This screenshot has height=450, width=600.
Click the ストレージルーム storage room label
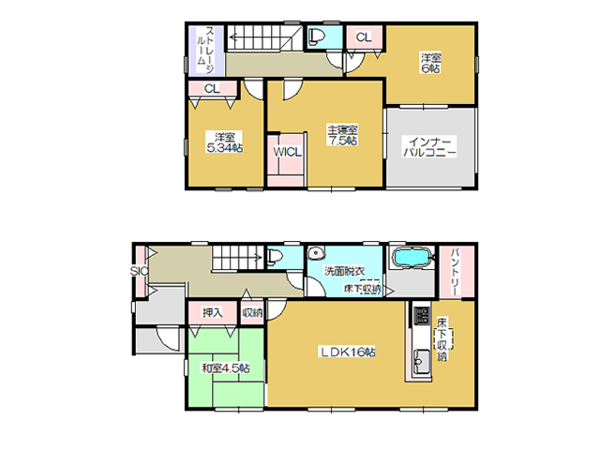coord(205,50)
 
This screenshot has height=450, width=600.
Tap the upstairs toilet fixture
coord(317,37)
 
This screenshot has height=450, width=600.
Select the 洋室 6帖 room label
coord(431,63)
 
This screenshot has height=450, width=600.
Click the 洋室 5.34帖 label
coord(225,142)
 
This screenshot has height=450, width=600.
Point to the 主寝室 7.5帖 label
coord(342,135)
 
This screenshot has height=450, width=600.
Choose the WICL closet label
coord(287,152)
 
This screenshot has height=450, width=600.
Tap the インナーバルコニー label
coord(429,147)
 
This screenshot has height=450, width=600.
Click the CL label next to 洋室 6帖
coord(364,37)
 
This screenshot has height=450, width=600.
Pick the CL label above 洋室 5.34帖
coord(212,89)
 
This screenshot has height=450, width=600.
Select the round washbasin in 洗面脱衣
coord(316,253)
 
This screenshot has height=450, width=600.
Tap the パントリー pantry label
coord(456,271)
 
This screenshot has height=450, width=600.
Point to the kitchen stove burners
coord(421,316)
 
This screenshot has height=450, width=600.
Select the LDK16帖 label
coord(348,352)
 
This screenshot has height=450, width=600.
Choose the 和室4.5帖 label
coord(226,368)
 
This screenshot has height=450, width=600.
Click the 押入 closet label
coord(213,312)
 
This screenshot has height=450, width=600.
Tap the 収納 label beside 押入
coord(252,312)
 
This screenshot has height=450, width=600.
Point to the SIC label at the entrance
coord(140,271)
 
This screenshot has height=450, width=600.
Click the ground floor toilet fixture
coord(275,257)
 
